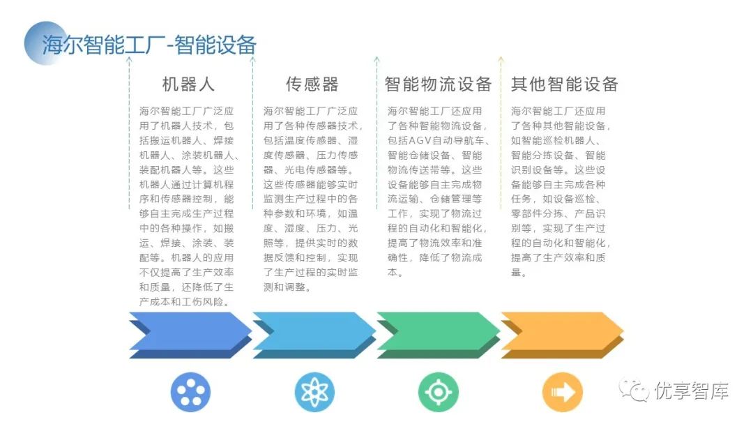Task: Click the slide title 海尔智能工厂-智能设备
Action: point(150,45)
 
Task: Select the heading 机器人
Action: point(188,84)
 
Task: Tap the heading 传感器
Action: point(312,84)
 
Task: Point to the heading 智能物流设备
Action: point(438,84)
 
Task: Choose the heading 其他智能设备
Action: point(564,84)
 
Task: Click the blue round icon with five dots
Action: point(190,392)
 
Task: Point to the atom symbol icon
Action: point(314,392)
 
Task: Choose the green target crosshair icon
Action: point(438,392)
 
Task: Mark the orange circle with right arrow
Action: point(562,392)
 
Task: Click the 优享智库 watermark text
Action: point(692,391)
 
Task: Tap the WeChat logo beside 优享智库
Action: point(634,391)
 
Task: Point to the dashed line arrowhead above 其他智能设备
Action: point(500,60)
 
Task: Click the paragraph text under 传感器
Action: point(312,199)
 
